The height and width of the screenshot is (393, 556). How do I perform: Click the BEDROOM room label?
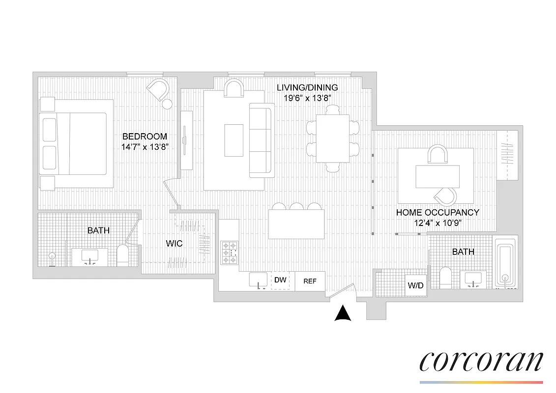[x=145, y=137]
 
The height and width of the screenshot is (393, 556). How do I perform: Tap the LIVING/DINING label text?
[x=307, y=87]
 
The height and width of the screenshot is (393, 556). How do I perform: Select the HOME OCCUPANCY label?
[x=438, y=213]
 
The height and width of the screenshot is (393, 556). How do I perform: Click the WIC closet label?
[x=174, y=243]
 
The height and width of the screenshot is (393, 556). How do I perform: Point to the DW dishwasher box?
[x=280, y=281]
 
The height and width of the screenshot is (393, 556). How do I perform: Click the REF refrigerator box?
[x=310, y=281]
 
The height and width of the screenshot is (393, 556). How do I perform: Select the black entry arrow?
[x=343, y=313]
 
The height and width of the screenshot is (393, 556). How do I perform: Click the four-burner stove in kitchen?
[x=229, y=253]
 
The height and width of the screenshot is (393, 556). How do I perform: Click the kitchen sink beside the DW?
[x=258, y=281]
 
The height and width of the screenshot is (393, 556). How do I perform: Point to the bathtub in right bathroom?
[x=505, y=263]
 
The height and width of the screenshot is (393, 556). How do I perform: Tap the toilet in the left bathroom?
[x=122, y=256]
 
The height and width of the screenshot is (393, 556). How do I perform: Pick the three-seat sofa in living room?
[x=262, y=140]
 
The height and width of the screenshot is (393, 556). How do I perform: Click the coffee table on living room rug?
[x=234, y=140]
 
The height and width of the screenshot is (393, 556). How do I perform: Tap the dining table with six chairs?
[x=332, y=139]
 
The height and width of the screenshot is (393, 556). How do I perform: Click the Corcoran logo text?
[x=481, y=362]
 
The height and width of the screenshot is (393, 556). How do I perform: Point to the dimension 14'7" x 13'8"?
[x=145, y=146]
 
